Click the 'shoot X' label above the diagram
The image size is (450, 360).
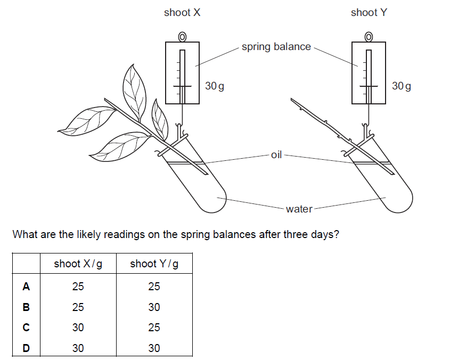click(x=182, y=13)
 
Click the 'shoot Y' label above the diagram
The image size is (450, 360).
click(x=369, y=13)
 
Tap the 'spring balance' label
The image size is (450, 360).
click(x=276, y=47)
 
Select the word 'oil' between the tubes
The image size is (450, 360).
click(x=276, y=156)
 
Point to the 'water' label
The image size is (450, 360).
click(x=299, y=209)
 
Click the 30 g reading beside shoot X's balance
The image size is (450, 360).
click(x=214, y=86)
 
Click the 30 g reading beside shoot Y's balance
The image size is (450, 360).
click(x=401, y=86)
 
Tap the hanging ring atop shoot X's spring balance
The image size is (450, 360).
click(x=182, y=36)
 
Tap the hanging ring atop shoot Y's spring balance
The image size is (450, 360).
click(x=369, y=36)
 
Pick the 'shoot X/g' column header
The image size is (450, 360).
click(x=78, y=264)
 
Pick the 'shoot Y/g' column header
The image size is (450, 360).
click(x=154, y=264)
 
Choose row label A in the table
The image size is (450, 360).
click(x=26, y=287)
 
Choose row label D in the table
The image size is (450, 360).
click(x=26, y=348)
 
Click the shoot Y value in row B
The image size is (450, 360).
click(x=154, y=307)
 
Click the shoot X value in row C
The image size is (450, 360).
click(x=78, y=328)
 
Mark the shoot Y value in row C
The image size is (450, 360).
click(x=154, y=328)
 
